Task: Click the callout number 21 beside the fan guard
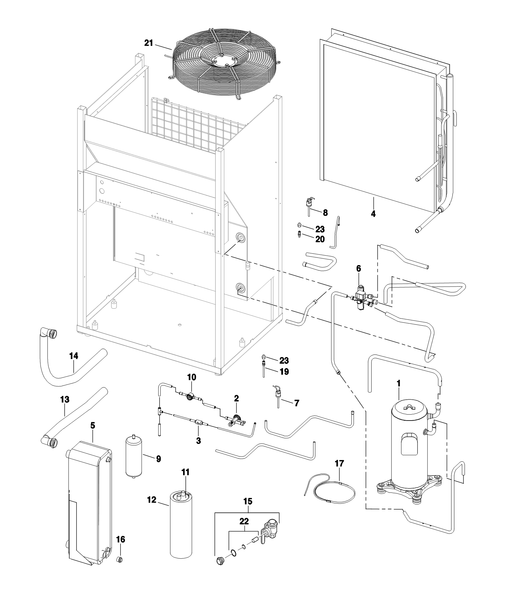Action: (x=149, y=43)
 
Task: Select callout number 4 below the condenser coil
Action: (x=373, y=214)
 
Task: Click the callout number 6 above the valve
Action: (x=358, y=268)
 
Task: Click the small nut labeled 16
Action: (x=120, y=560)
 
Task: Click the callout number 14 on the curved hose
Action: (x=74, y=356)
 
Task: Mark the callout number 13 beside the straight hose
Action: (x=65, y=400)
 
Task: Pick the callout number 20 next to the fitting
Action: (x=320, y=239)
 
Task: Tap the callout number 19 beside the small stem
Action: (x=284, y=372)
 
